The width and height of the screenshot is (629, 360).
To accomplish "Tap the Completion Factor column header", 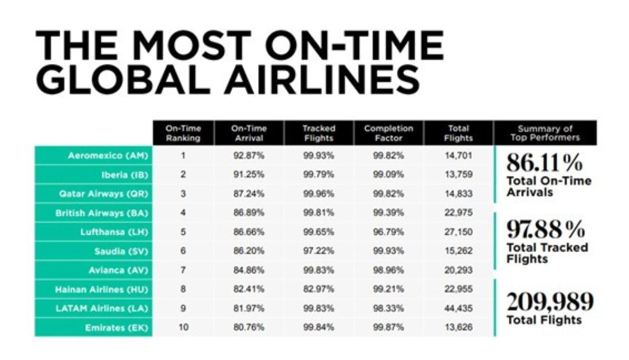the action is point(388,133).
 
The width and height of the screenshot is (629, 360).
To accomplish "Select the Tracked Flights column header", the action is point(319,133).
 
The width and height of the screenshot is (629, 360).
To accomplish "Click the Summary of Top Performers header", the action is point(545,133).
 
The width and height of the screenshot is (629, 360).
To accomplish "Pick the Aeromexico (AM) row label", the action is point(108,156).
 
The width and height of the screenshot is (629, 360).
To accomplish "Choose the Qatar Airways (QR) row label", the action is point(103,194).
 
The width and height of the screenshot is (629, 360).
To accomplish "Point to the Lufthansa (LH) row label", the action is point(114,232).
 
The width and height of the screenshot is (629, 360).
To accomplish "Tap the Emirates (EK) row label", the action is point(116,328).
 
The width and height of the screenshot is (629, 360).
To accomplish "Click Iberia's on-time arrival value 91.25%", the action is point(249,174).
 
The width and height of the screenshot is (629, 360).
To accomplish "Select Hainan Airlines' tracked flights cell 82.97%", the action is point(319,289).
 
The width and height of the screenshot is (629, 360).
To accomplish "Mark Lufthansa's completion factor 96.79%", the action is point(388,232).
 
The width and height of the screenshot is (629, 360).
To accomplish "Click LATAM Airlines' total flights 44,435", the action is point(458,308).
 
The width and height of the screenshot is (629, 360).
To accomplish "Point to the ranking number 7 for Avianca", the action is point(183,270).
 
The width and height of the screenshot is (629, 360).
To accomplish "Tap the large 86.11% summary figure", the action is point(545,163).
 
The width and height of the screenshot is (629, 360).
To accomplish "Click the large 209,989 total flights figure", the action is point(550,302).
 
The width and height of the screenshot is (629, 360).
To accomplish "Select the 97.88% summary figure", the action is point(546,229).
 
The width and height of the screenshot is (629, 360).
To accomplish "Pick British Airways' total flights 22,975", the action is point(458,213).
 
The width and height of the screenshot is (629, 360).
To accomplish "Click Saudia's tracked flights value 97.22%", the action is point(319,251).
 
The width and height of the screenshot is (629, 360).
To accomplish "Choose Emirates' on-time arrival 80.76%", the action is point(249,328).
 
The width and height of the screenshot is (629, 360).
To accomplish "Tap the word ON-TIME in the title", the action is point(354,45).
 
